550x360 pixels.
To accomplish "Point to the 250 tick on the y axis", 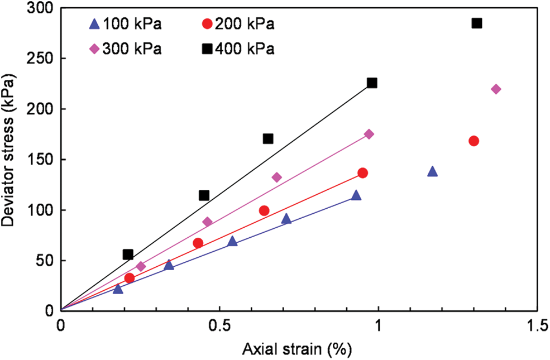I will tap(42, 59).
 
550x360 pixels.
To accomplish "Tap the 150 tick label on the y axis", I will tap(42, 160).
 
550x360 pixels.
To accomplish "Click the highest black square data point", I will tap(476, 23).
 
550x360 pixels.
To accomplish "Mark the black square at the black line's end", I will tap(372, 83).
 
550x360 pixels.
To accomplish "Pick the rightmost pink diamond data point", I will tap(496, 89).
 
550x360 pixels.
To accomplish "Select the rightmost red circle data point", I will tap(474, 141).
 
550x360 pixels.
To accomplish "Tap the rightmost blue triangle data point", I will tap(432, 171).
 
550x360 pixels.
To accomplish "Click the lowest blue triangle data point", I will tap(118, 289).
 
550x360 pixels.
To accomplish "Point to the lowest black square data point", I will tap(128, 255).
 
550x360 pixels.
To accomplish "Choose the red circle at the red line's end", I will tap(362, 173).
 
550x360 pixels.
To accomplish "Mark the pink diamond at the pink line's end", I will tap(369, 134).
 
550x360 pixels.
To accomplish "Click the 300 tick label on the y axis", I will tap(42, 8).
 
